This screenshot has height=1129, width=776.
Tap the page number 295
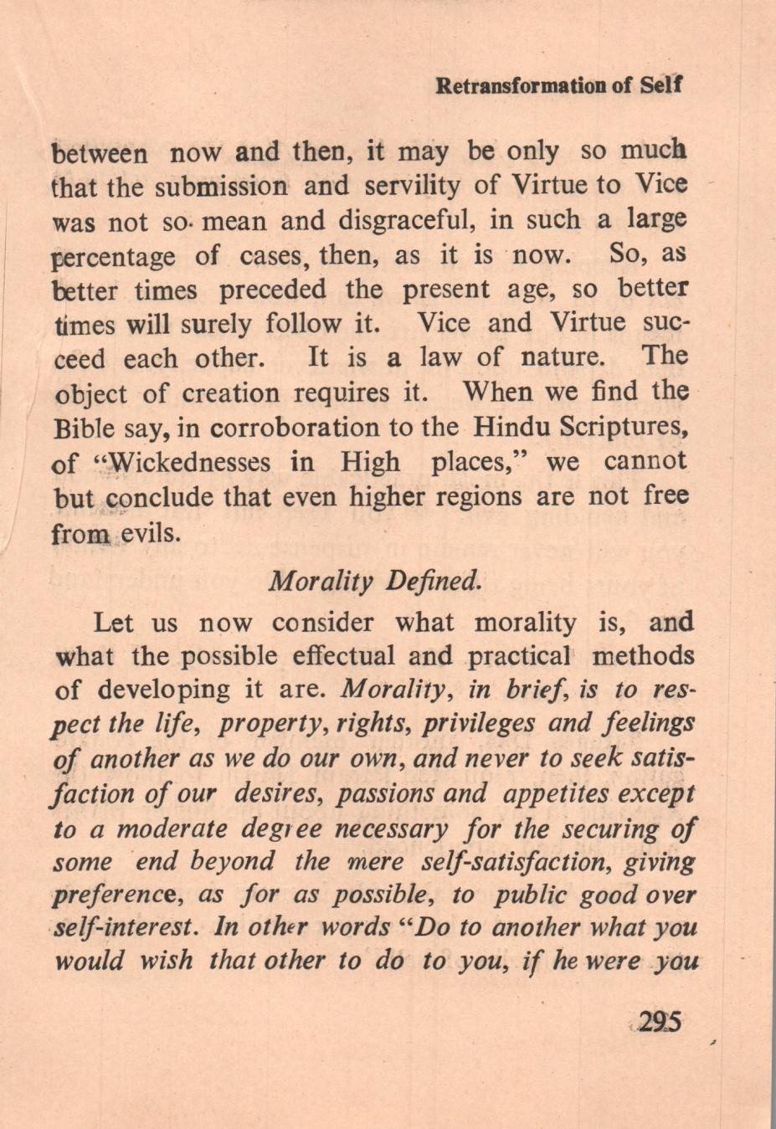(660, 1022)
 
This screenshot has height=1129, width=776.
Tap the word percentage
(114, 256)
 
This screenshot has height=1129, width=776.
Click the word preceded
(273, 290)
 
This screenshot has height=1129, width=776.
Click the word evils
(152, 533)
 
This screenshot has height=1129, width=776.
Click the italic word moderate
(171, 829)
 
